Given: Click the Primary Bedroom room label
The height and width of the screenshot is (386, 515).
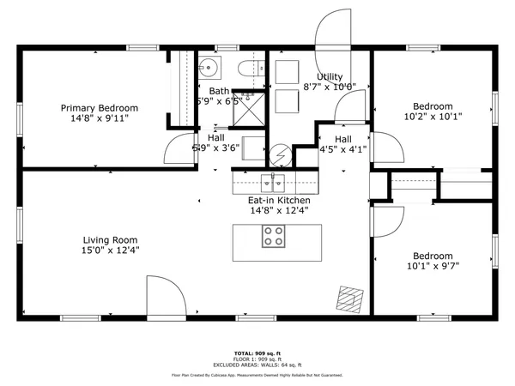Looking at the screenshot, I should [99, 108].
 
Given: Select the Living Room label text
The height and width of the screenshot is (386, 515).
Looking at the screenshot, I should [110, 240].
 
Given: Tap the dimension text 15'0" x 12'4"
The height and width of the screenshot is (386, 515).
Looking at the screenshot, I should [110, 250].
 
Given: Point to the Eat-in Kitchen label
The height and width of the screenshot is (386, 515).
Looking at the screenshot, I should [279, 200].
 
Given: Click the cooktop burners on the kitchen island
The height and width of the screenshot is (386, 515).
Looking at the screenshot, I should [274, 236].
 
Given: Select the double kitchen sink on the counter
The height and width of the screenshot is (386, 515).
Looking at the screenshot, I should [273, 182].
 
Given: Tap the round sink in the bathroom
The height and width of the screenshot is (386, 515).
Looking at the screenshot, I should [211, 67].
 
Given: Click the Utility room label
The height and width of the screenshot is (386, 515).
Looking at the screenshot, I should [330, 77].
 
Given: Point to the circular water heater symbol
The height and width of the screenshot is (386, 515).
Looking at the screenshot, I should [279, 156].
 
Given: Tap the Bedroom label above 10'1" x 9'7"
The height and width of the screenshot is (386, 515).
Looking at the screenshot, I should [433, 256].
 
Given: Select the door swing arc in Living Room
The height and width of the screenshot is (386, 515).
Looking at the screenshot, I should [166, 296].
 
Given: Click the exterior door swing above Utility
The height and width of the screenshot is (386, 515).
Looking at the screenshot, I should [334, 30].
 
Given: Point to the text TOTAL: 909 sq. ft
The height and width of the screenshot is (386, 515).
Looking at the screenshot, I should [257, 353].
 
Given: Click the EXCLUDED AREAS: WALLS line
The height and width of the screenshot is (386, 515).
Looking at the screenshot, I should [257, 365].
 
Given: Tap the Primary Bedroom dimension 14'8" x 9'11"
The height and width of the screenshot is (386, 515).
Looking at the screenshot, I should [99, 119].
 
